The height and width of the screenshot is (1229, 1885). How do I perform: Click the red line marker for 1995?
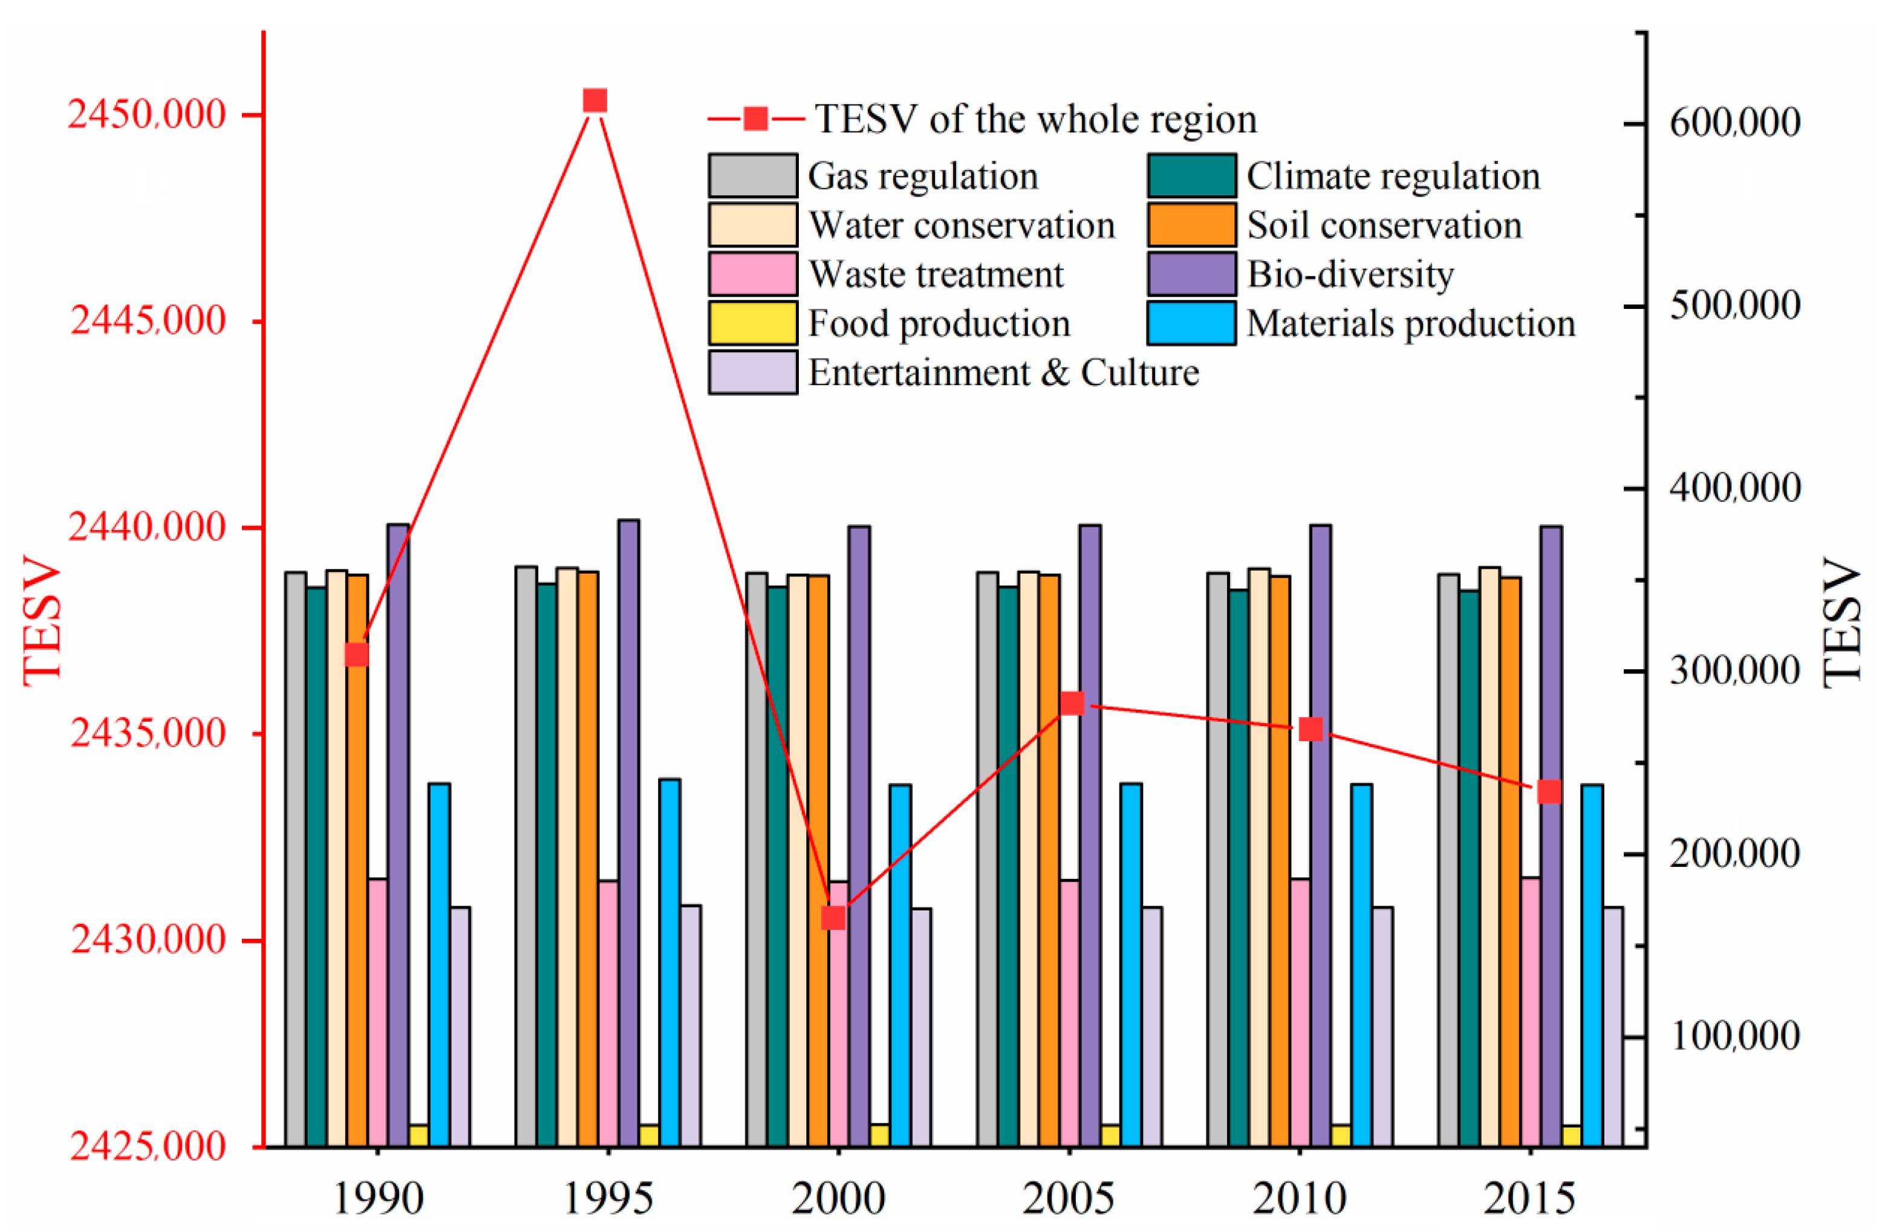595,100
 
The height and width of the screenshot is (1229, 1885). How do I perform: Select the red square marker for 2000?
834,918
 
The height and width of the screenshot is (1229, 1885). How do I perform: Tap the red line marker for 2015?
1549,792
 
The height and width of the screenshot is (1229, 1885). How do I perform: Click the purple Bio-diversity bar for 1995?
629,831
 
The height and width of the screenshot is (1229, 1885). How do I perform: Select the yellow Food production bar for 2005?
1110,1135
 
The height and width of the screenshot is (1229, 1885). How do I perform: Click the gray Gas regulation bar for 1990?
296,858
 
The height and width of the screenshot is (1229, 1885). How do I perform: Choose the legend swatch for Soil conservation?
1191,225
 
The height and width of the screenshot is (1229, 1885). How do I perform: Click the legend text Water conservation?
962,225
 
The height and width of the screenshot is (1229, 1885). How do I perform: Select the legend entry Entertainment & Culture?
1003,373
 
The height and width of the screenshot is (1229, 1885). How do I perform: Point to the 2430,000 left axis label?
148,941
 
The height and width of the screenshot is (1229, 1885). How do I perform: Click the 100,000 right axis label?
1734,1037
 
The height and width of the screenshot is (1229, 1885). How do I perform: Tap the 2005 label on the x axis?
1069,1198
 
